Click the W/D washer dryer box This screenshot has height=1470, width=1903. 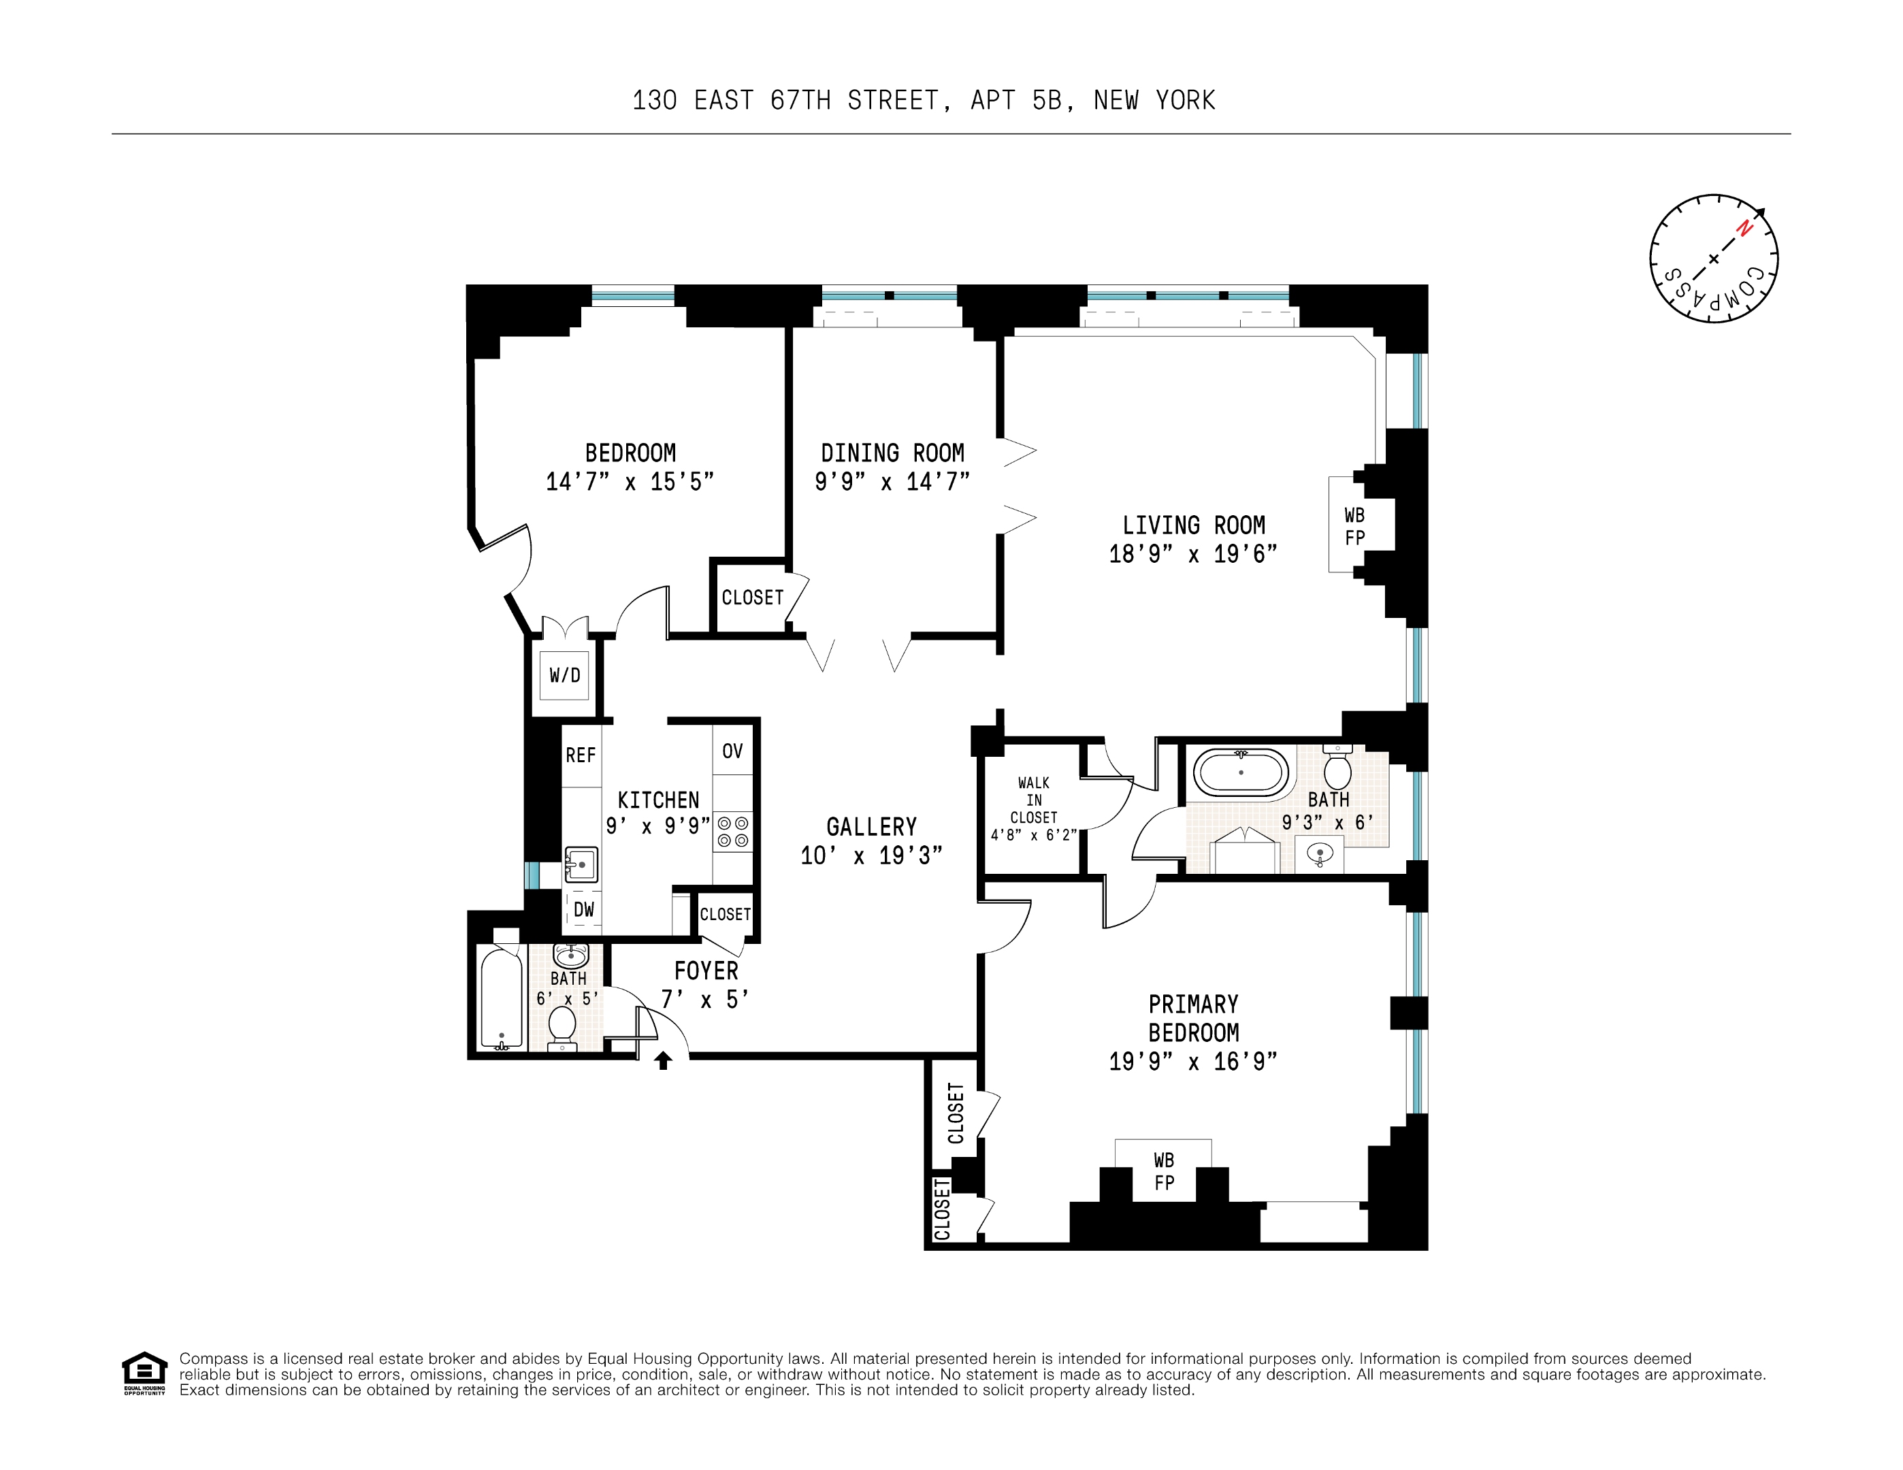[565, 674]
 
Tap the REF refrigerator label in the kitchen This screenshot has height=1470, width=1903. [581, 755]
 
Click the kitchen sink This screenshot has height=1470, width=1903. [581, 865]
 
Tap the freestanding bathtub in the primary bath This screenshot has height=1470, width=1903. [1240, 772]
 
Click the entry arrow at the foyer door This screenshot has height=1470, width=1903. [663, 1060]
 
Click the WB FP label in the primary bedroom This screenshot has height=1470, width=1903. [1164, 1171]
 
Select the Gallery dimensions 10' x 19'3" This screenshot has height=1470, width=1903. [871, 855]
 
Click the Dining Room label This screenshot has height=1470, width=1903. [892, 453]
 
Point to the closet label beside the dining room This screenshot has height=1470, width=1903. [753, 598]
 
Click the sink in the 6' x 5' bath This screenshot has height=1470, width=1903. [571, 956]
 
